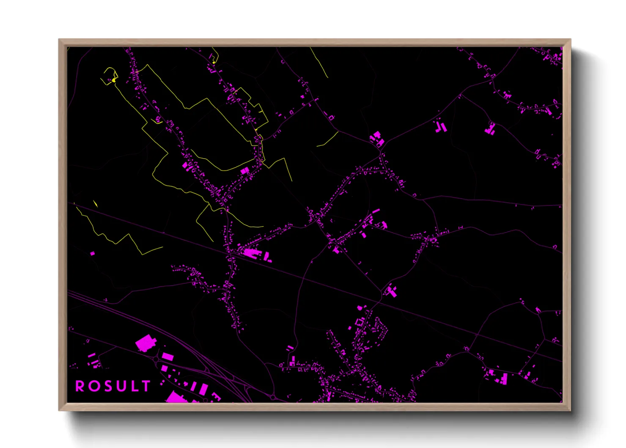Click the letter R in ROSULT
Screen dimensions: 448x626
point(80,386)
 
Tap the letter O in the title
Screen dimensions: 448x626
point(93,386)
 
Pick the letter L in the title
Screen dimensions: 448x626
point(133,386)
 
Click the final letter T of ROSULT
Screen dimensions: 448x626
point(146,386)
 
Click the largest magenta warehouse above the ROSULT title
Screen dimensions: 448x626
point(145,343)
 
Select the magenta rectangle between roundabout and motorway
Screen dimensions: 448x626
point(167,357)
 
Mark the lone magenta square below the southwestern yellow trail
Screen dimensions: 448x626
point(93,254)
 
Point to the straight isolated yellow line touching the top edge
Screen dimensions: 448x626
point(319,63)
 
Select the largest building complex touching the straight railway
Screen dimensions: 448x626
point(252,254)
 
